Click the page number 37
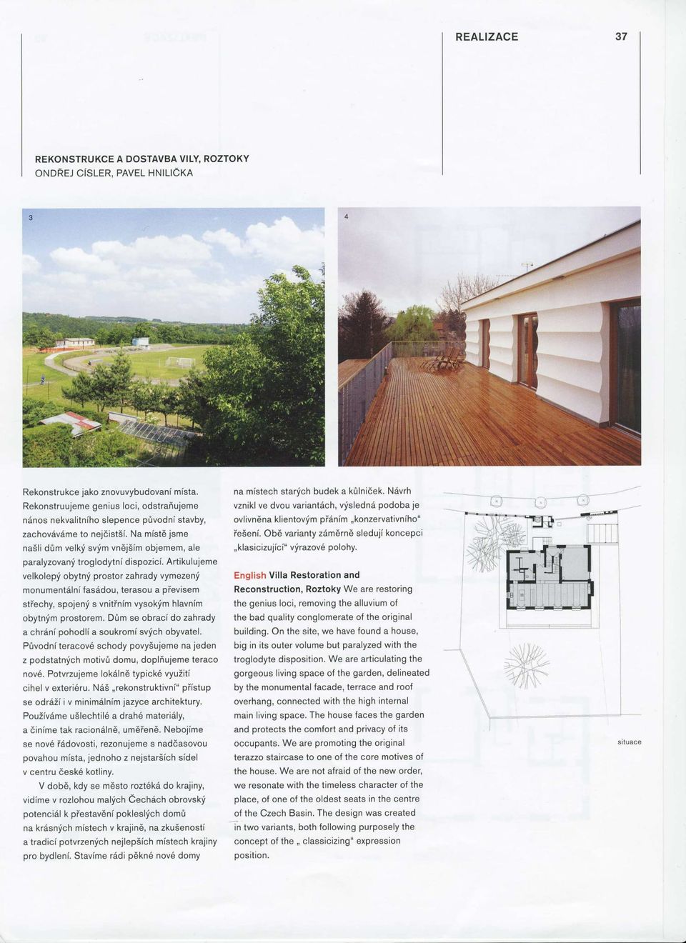click(621, 36)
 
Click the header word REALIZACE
click(487, 36)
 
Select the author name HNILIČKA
click(164, 173)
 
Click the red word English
click(249, 575)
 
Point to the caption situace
click(630, 742)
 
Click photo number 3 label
click(31, 218)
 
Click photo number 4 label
click(346, 218)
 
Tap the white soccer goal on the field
click(180, 361)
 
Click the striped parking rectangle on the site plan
click(602, 532)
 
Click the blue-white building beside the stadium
click(141, 341)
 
